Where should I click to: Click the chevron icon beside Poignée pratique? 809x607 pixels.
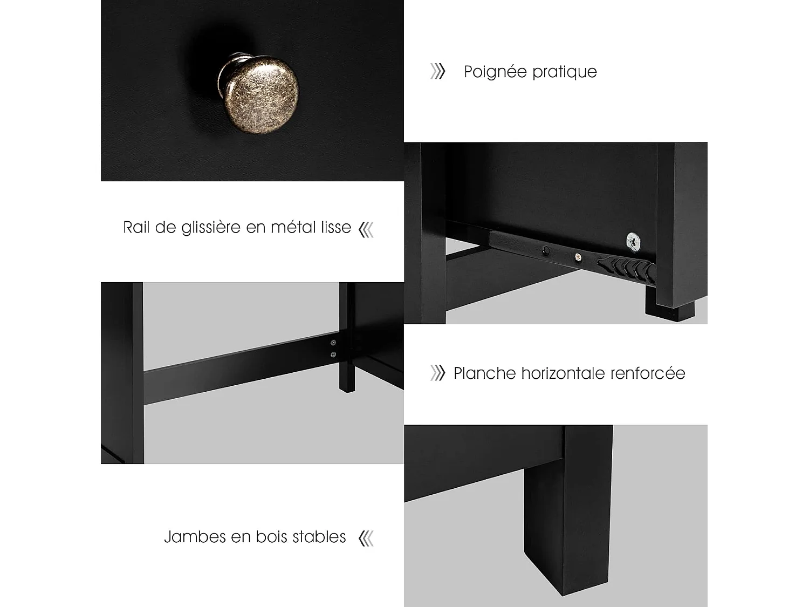pyautogui.click(x=437, y=71)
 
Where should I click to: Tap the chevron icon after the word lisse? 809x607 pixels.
pyautogui.click(x=367, y=229)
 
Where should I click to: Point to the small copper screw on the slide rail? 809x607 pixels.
pyautogui.click(x=579, y=257)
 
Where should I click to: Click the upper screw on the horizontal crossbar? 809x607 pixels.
pyautogui.click(x=333, y=342)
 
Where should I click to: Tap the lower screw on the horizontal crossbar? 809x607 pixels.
pyautogui.click(x=333, y=354)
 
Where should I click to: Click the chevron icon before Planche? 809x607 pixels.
pyautogui.click(x=437, y=373)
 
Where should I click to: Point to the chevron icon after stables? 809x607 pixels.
pyautogui.click(x=366, y=538)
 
